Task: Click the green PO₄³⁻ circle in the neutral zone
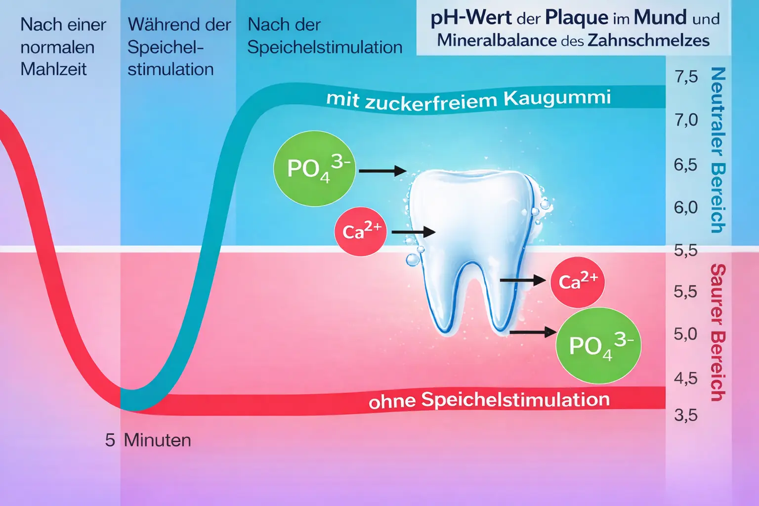coord(314,169)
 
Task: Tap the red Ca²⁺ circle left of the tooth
coord(361,231)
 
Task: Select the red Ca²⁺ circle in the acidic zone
coord(577,282)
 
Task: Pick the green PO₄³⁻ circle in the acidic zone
coord(598,345)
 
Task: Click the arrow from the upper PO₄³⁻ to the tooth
coord(382,171)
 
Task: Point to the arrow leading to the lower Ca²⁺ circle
coord(523,280)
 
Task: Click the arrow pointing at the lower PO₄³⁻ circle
coord(533,332)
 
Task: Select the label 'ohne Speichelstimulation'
coord(489,400)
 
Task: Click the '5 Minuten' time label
coord(148,440)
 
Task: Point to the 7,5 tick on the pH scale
coord(686,77)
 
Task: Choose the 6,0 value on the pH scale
coord(686,207)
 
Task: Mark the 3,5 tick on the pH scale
coord(686,415)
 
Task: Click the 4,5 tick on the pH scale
coord(686,379)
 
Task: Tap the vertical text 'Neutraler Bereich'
coord(717,150)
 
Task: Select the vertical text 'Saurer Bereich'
coord(717,332)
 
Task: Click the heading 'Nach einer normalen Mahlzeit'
coord(63,47)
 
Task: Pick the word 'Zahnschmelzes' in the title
coord(648,40)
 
